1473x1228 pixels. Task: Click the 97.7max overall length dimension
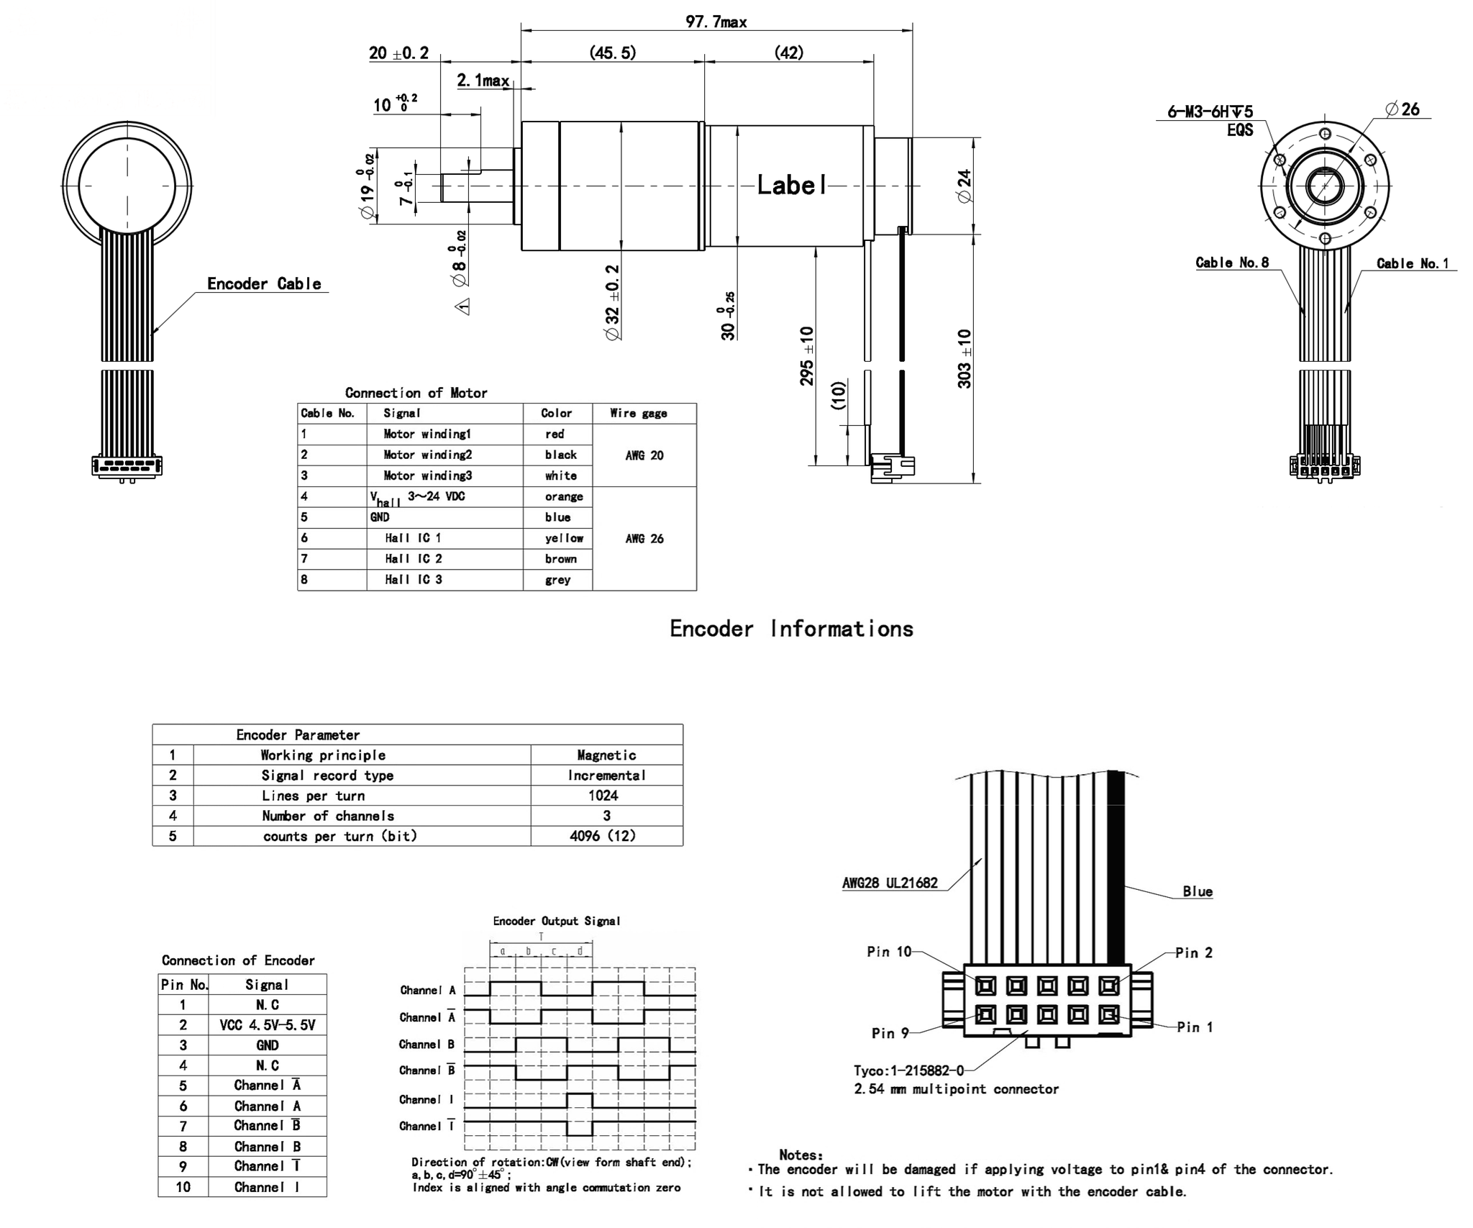[716, 22]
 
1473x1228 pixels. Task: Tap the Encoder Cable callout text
[264, 283]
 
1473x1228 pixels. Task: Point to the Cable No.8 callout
[1232, 263]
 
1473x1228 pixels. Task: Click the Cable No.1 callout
[1413, 263]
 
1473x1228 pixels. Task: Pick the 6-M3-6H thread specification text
[1210, 112]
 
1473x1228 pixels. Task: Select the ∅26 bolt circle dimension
[1402, 109]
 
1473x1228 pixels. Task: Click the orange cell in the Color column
[563, 496]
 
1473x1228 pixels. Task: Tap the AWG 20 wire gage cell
[644, 455]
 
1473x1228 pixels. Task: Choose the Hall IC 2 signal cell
[413, 559]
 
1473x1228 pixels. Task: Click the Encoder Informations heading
[791, 629]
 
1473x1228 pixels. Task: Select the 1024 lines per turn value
[603, 796]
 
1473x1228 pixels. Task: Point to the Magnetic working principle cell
[606, 755]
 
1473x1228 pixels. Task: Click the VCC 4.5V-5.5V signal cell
[267, 1025]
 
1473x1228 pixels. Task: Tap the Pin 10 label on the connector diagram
[889, 952]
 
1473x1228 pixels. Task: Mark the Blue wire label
[1198, 891]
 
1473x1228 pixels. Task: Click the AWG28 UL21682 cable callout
[890, 883]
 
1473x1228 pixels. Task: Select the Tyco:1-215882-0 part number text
[908, 1070]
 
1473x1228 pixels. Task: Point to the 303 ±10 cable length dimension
[964, 358]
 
